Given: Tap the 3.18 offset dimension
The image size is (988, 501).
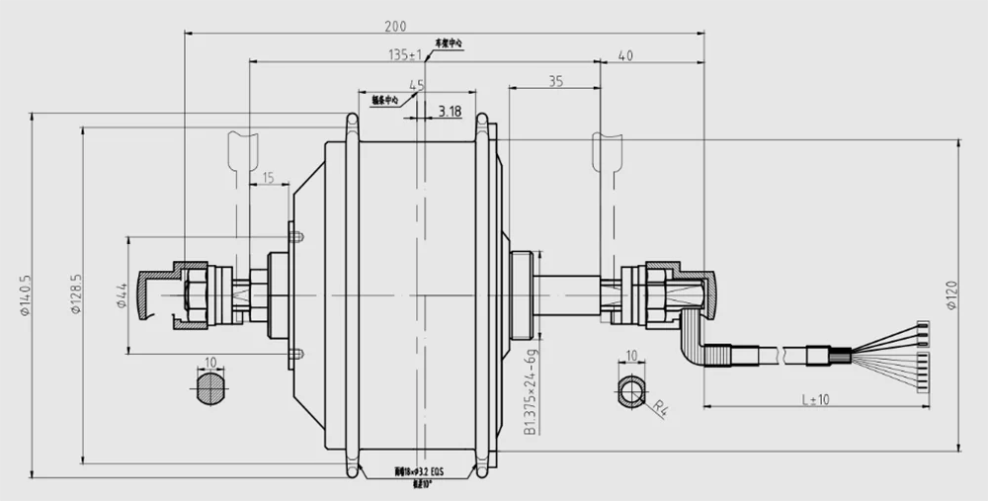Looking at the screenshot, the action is pyautogui.click(x=450, y=111).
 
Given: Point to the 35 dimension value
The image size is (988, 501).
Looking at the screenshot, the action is pyautogui.click(x=555, y=82).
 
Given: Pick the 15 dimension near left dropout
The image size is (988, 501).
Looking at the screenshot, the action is pyautogui.click(x=268, y=178).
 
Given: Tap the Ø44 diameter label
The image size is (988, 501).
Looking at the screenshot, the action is pyautogui.click(x=122, y=293).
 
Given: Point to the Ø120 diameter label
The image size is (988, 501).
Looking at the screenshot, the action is pyautogui.click(x=950, y=293).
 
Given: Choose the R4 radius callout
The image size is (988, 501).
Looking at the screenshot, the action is pyautogui.click(x=658, y=404).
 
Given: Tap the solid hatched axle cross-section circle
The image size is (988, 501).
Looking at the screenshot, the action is pyautogui.click(x=210, y=388).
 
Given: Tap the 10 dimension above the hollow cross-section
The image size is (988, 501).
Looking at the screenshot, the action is pyautogui.click(x=631, y=356).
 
